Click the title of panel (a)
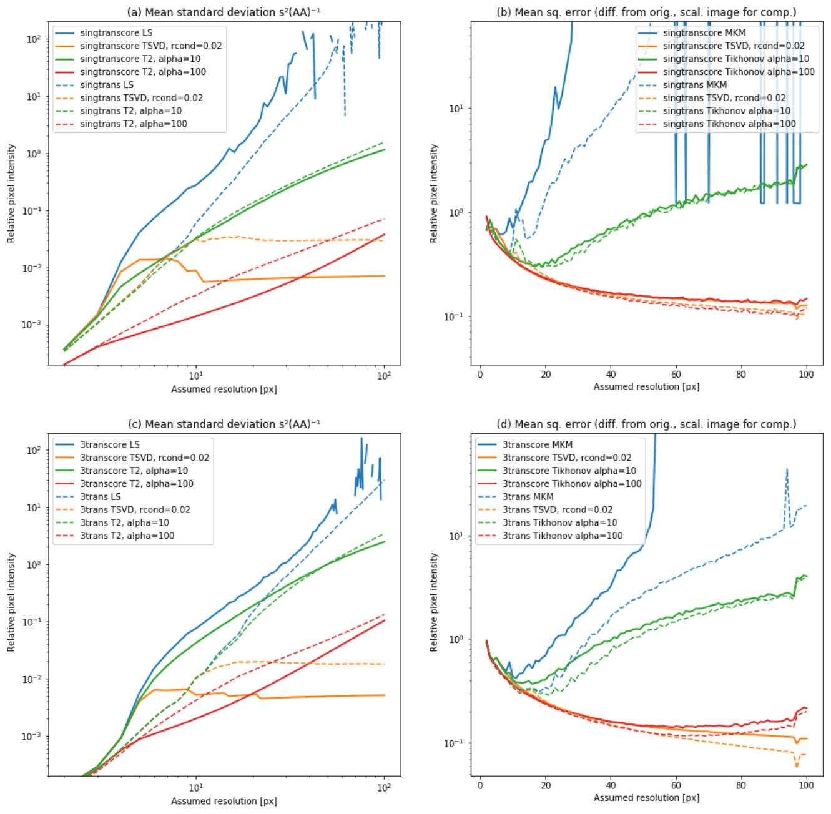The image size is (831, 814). tap(224, 12)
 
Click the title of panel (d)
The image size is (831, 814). tap(646, 424)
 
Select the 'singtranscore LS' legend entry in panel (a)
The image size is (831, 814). tap(116, 32)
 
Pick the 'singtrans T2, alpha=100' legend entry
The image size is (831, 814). tap(134, 124)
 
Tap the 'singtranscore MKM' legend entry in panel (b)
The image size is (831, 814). tap(704, 32)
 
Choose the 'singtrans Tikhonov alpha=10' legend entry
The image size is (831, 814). tap(727, 110)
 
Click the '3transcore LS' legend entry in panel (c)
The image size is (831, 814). tap(110, 444)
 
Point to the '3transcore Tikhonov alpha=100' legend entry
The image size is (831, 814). tap(572, 484)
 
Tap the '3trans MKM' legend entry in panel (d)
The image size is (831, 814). tap(528, 497)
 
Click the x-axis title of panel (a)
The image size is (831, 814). tap(224, 389)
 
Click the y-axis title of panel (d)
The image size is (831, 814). tap(434, 602)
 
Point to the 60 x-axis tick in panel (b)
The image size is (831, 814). tap(676, 375)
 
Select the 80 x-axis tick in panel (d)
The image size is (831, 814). tap(741, 785)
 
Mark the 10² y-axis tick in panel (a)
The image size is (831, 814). tap(34, 39)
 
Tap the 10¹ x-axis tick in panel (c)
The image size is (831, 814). tap(196, 787)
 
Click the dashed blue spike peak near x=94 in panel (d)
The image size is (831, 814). tap(787, 469)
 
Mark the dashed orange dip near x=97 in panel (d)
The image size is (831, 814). tap(797, 765)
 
